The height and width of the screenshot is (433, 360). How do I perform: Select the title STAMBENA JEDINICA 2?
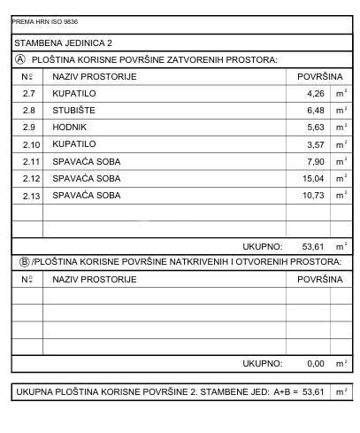(x=63, y=42)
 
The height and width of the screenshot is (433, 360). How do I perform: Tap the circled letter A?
(x=20, y=59)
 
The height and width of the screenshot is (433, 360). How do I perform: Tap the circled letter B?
(x=24, y=262)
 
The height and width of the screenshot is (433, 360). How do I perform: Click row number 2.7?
(x=28, y=93)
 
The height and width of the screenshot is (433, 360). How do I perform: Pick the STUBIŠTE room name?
(x=73, y=110)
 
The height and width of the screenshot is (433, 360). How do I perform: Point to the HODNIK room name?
(x=70, y=127)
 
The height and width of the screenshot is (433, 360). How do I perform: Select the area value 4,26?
(x=315, y=93)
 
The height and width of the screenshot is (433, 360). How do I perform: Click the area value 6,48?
(x=315, y=110)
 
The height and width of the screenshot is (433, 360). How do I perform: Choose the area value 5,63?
(x=315, y=127)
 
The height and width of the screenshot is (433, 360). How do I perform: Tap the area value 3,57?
(x=315, y=143)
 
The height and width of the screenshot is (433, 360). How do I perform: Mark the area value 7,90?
(x=315, y=161)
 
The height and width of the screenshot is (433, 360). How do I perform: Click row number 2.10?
(x=30, y=143)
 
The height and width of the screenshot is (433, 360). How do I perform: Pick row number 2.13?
(x=30, y=195)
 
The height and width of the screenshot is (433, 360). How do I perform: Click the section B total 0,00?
(x=315, y=363)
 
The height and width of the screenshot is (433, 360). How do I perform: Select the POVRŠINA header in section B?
(x=319, y=280)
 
